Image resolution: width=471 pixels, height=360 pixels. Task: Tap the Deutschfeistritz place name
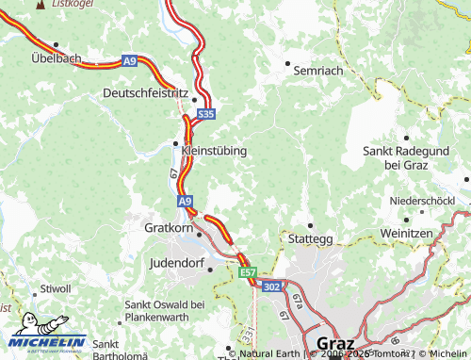pyautogui.click(x=145, y=93)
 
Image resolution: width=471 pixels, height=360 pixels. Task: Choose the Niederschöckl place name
pyautogui.click(x=423, y=203)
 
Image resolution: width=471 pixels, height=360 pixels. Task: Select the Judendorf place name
pyautogui.click(x=179, y=264)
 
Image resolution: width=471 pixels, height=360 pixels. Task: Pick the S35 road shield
pyautogui.click(x=206, y=114)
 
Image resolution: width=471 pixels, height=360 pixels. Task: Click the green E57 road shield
pyautogui.click(x=248, y=272)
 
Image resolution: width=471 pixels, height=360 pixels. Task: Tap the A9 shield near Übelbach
pyautogui.click(x=129, y=60)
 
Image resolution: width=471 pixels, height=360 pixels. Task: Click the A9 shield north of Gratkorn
pyautogui.click(x=186, y=201)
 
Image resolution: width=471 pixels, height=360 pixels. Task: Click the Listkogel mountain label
pyautogui.click(x=70, y=5)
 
